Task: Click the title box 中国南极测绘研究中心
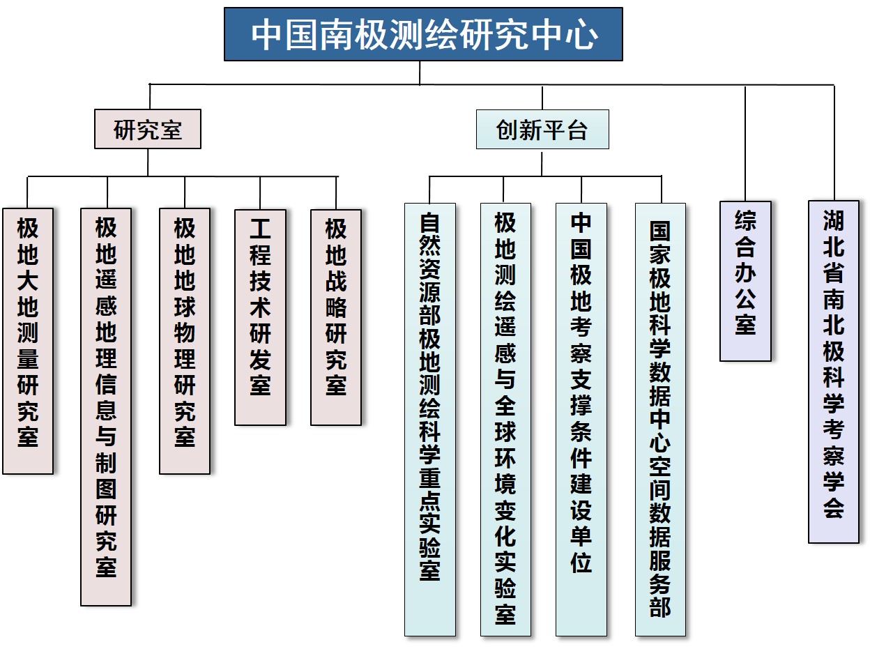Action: click(423, 34)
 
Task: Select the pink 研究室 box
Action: click(148, 129)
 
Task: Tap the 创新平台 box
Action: click(542, 129)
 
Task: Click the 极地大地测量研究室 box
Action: click(28, 341)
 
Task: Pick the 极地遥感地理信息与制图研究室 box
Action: click(106, 407)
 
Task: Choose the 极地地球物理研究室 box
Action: click(185, 341)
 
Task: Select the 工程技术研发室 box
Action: click(260, 317)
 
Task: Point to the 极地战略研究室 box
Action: click(336, 317)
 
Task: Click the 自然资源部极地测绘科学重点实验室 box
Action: click(430, 420)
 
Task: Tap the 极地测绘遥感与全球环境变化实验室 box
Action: click(505, 420)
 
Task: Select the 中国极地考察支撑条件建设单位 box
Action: click(581, 420)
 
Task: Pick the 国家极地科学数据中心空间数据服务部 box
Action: click(660, 420)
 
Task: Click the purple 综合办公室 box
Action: click(745, 282)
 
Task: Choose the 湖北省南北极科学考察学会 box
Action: click(834, 372)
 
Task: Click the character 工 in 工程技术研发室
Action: click(260, 229)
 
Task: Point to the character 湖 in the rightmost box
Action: click(834, 221)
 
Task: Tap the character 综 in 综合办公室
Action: click(745, 221)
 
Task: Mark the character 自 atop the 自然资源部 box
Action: click(430, 222)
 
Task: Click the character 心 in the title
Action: click(581, 35)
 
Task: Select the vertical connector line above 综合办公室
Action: click(745, 144)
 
